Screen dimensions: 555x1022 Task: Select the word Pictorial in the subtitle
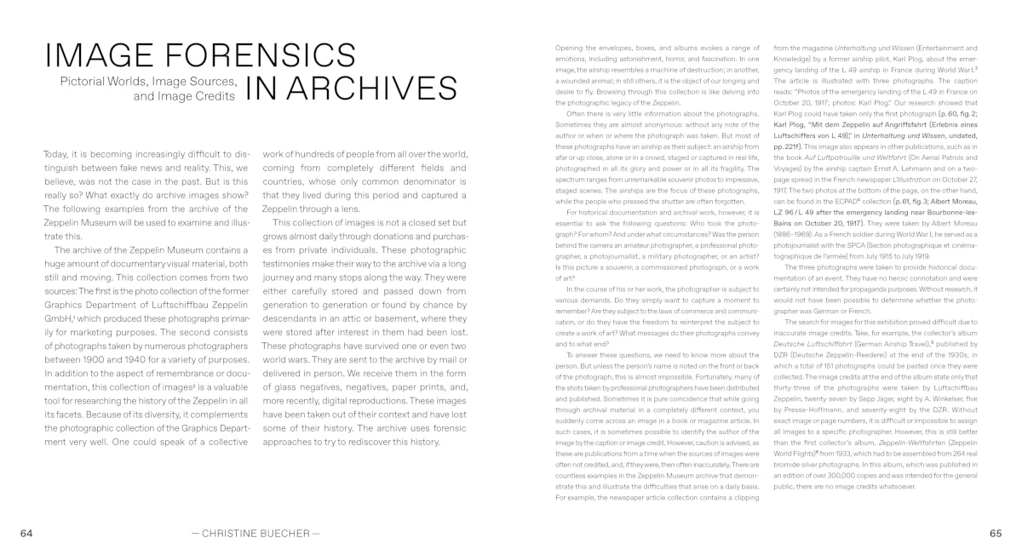83,82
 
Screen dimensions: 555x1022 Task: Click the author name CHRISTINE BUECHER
255,533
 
